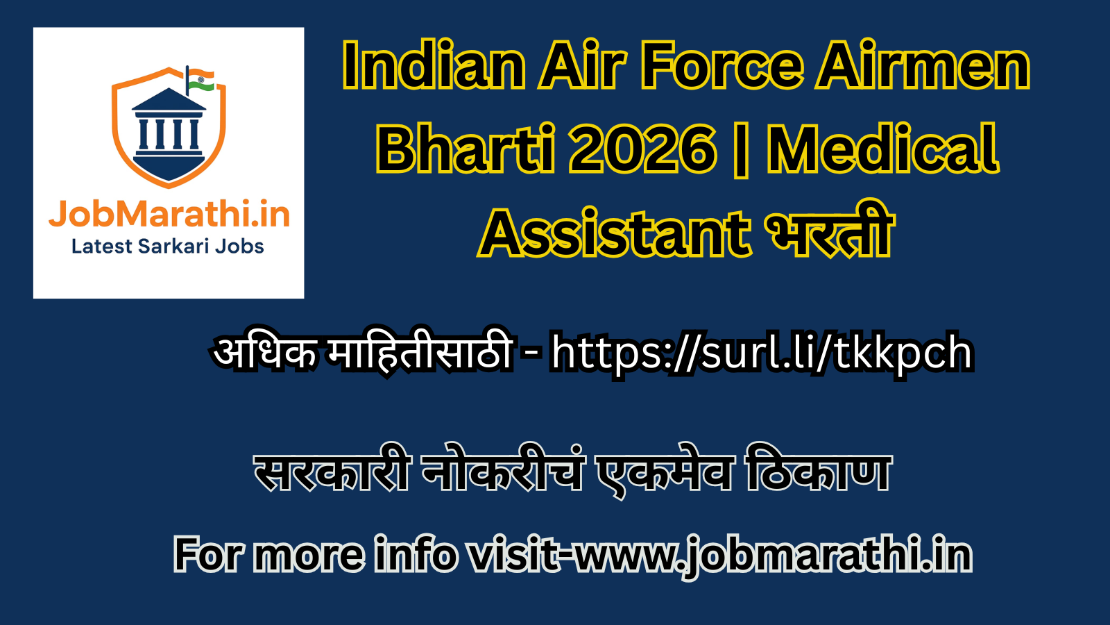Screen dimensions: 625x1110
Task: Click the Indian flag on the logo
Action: (x=201, y=80)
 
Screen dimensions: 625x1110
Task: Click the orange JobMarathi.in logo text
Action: (x=169, y=214)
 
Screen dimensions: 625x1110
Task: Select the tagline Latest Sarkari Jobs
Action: (x=168, y=247)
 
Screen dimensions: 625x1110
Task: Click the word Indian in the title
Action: (x=434, y=67)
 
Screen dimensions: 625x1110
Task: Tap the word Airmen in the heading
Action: (x=923, y=67)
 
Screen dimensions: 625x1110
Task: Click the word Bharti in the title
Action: (x=466, y=149)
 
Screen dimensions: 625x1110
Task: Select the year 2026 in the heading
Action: (x=642, y=149)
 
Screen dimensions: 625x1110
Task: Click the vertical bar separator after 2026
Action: (x=741, y=149)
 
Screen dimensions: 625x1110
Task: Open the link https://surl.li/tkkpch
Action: (x=762, y=353)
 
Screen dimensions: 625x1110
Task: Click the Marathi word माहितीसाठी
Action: (x=420, y=351)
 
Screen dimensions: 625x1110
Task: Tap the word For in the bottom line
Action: (x=207, y=556)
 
